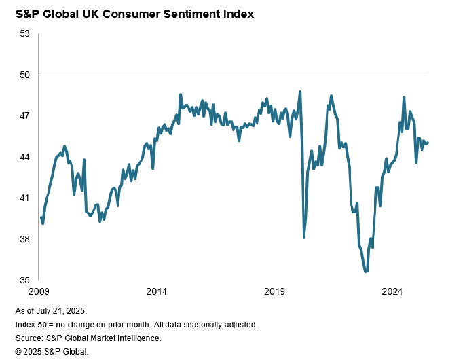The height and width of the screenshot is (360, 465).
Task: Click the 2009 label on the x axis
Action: (x=39, y=292)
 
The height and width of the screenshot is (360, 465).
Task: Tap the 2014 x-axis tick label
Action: (x=157, y=292)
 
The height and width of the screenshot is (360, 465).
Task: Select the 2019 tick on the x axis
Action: (x=274, y=292)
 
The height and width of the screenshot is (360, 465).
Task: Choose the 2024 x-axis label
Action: (x=392, y=292)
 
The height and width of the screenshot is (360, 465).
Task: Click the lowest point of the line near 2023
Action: (x=366, y=272)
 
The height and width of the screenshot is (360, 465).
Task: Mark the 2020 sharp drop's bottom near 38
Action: (x=304, y=238)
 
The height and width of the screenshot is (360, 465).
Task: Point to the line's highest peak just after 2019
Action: (x=300, y=92)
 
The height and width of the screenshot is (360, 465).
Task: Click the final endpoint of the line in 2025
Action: (x=428, y=143)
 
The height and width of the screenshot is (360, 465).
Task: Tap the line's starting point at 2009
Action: (x=41, y=217)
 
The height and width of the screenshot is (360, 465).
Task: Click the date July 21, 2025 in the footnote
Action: (x=69, y=312)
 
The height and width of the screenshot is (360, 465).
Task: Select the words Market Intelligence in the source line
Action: (x=126, y=338)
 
